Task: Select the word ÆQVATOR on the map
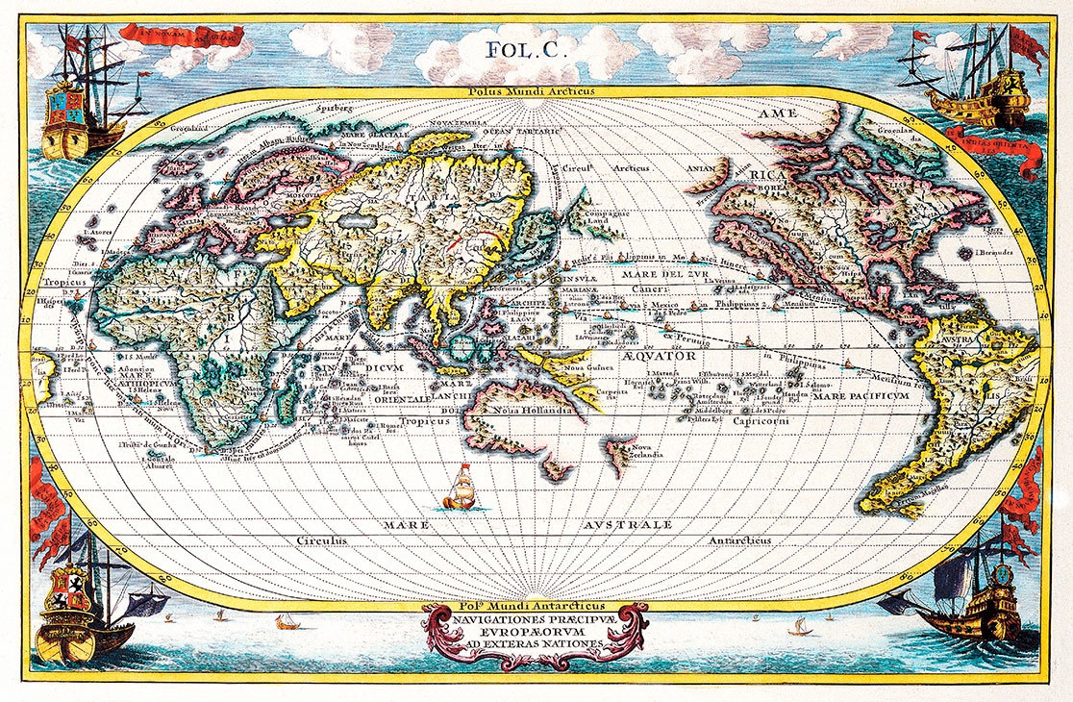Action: [659, 355]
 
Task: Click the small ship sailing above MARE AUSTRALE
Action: [462, 489]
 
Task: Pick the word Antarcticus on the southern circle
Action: [741, 541]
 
